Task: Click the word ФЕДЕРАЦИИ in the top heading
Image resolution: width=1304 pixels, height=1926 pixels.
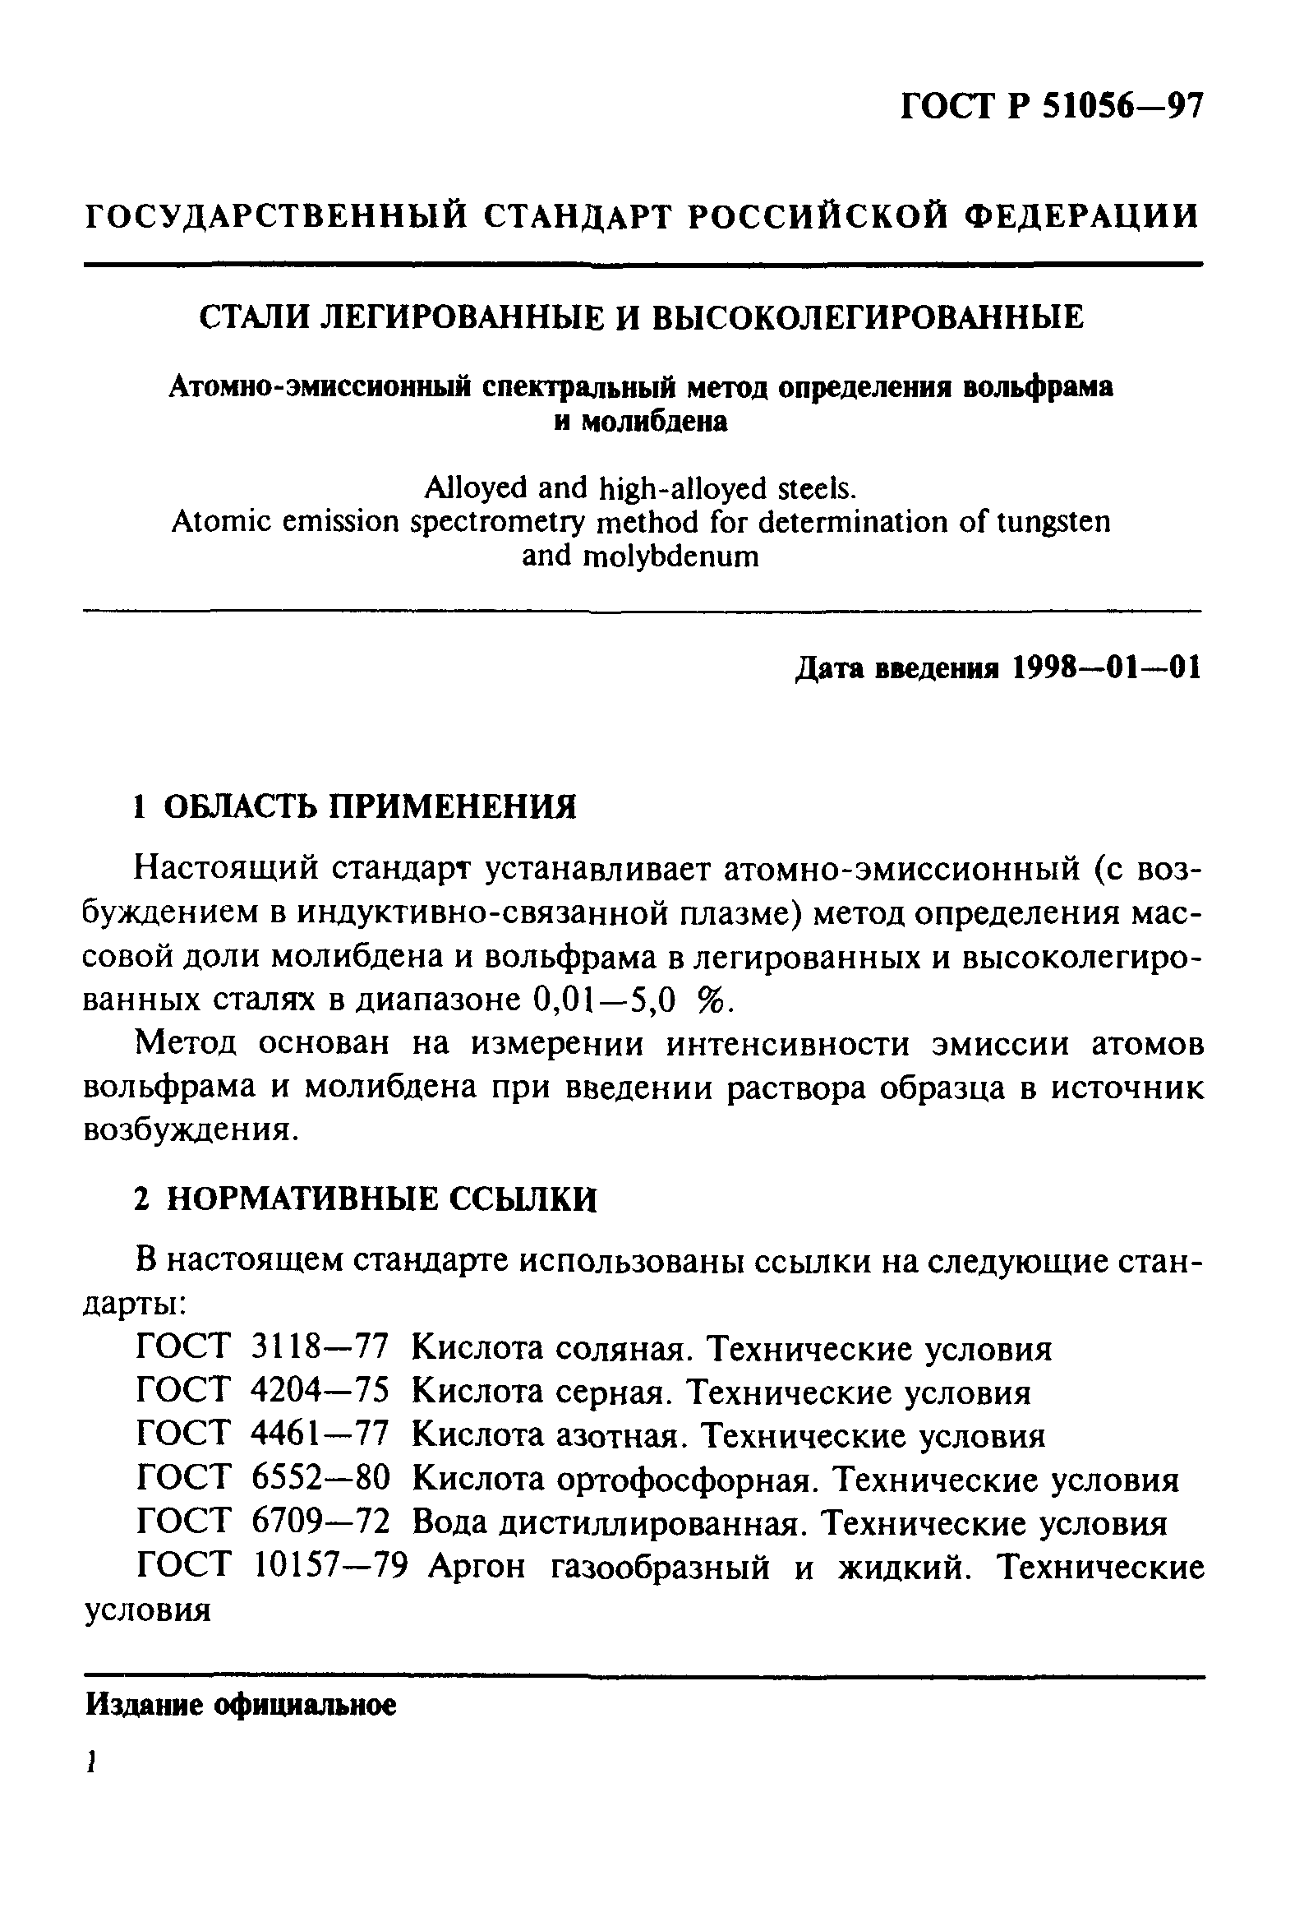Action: pyautogui.click(x=1083, y=216)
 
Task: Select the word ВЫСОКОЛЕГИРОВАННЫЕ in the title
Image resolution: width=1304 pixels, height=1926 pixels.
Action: pyautogui.click(x=869, y=317)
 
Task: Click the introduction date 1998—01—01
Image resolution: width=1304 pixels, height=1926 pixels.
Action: pyautogui.click(x=1106, y=668)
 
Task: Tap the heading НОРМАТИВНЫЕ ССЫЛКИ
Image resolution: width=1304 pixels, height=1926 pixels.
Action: pyautogui.click(x=381, y=1199)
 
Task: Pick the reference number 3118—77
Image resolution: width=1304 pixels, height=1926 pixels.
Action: pyautogui.click(x=319, y=1348)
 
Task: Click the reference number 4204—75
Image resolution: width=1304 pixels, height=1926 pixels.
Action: pyautogui.click(x=319, y=1392)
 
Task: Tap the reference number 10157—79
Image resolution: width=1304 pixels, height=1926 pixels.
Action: pyautogui.click(x=330, y=1566)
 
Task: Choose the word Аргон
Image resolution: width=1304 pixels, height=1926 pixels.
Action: pyautogui.click(x=477, y=1567)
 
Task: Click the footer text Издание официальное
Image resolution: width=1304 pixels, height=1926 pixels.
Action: pyautogui.click(x=241, y=1706)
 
